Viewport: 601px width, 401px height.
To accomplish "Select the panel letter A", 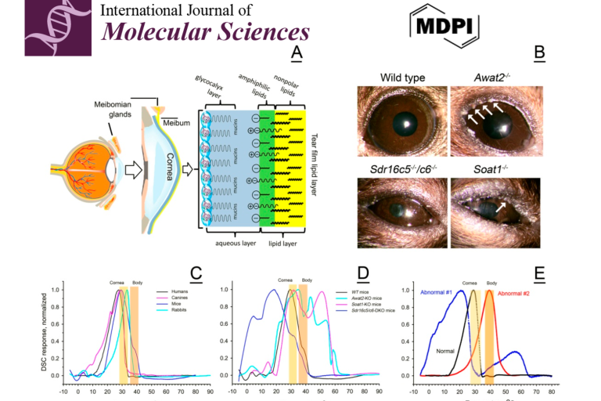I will click(x=296, y=54).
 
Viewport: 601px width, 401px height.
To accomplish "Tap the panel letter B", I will click(x=538, y=54).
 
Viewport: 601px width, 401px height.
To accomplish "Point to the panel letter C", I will click(x=196, y=273).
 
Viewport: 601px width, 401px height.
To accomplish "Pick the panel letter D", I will click(x=362, y=273).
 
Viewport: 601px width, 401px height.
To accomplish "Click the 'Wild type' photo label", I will click(x=401, y=78).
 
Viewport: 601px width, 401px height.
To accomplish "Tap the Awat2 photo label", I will click(x=494, y=78).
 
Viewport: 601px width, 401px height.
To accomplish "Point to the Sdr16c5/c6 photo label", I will click(x=401, y=168).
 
